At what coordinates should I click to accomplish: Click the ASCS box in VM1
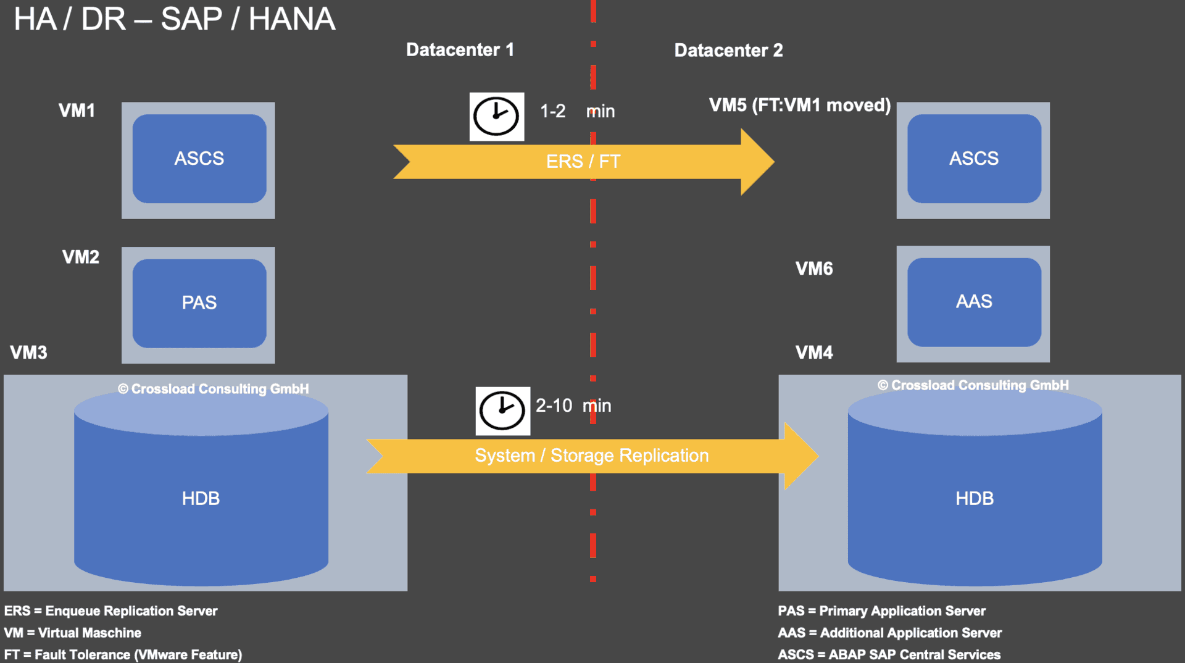[x=199, y=159]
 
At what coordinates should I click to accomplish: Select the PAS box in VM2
[x=199, y=302]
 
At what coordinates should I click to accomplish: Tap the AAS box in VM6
[x=974, y=301]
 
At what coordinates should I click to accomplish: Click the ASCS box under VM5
[x=974, y=159]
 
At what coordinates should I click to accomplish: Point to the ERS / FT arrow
[x=583, y=162]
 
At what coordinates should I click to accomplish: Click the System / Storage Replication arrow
[x=591, y=456]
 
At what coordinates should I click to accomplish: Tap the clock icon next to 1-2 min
[x=496, y=117]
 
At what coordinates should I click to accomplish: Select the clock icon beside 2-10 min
[x=502, y=411]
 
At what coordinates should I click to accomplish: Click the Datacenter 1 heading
[x=460, y=50]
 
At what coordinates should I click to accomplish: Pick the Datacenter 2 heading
[x=728, y=51]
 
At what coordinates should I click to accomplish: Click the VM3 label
[x=28, y=352]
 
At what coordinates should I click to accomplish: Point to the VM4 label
[x=814, y=352]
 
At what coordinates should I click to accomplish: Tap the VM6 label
[x=814, y=269]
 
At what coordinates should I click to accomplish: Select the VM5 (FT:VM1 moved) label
[x=799, y=105]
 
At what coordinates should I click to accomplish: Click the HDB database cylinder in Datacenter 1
[x=201, y=498]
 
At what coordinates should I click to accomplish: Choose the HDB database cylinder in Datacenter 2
[x=975, y=498]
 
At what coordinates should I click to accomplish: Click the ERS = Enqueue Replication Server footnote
[x=111, y=611]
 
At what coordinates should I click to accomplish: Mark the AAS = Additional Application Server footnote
[x=889, y=633]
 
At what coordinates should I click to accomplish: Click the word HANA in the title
[x=292, y=19]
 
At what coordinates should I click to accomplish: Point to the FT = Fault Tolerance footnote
[x=123, y=654]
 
